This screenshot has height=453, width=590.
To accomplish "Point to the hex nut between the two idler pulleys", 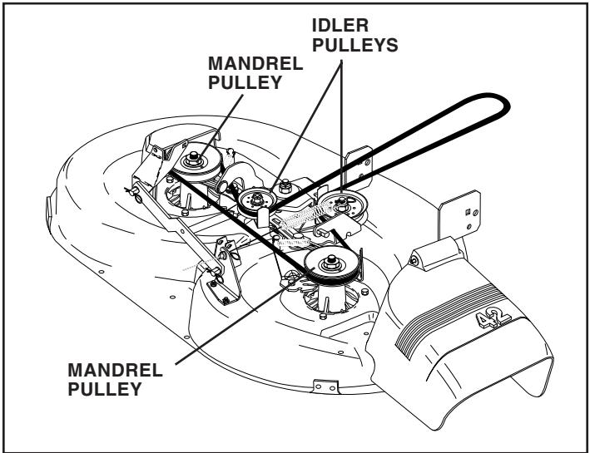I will click(x=285, y=182).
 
